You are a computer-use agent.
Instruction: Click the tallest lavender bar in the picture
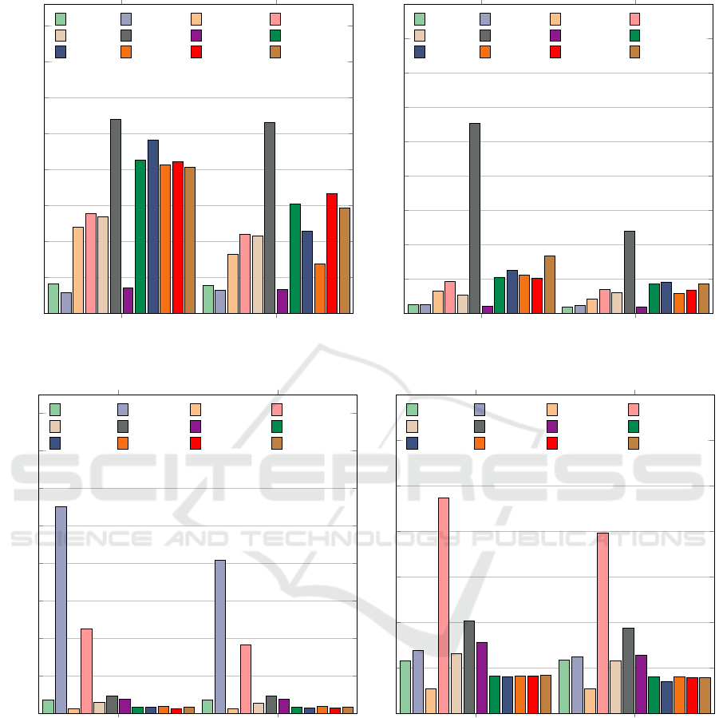(61, 609)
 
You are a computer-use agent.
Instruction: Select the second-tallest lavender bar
(220, 636)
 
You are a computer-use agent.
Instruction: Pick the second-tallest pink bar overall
(602, 622)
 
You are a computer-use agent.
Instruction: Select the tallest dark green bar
(140, 236)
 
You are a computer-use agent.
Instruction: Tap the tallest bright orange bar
(165, 239)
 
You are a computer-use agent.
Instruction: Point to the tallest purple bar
(482, 677)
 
